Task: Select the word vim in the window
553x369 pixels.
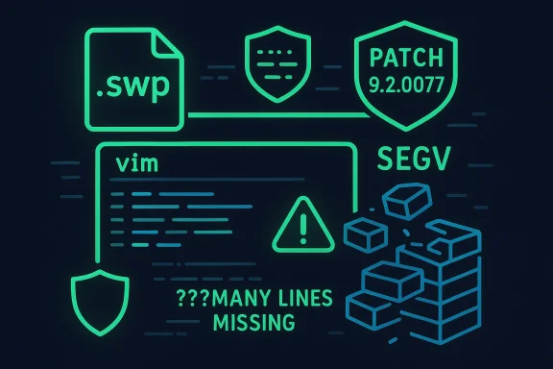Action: click(x=132, y=163)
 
